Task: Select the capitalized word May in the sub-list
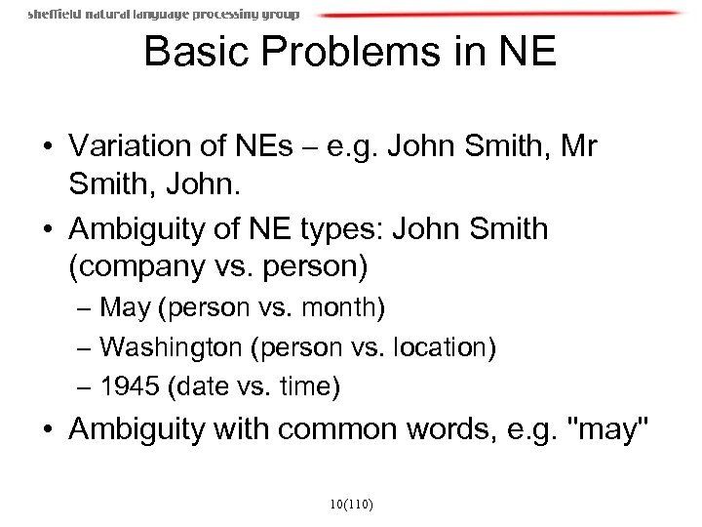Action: (124, 309)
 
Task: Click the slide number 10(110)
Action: (352, 505)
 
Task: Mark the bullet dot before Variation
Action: (45, 147)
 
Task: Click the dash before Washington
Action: (84, 348)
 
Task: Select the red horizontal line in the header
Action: (497, 14)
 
